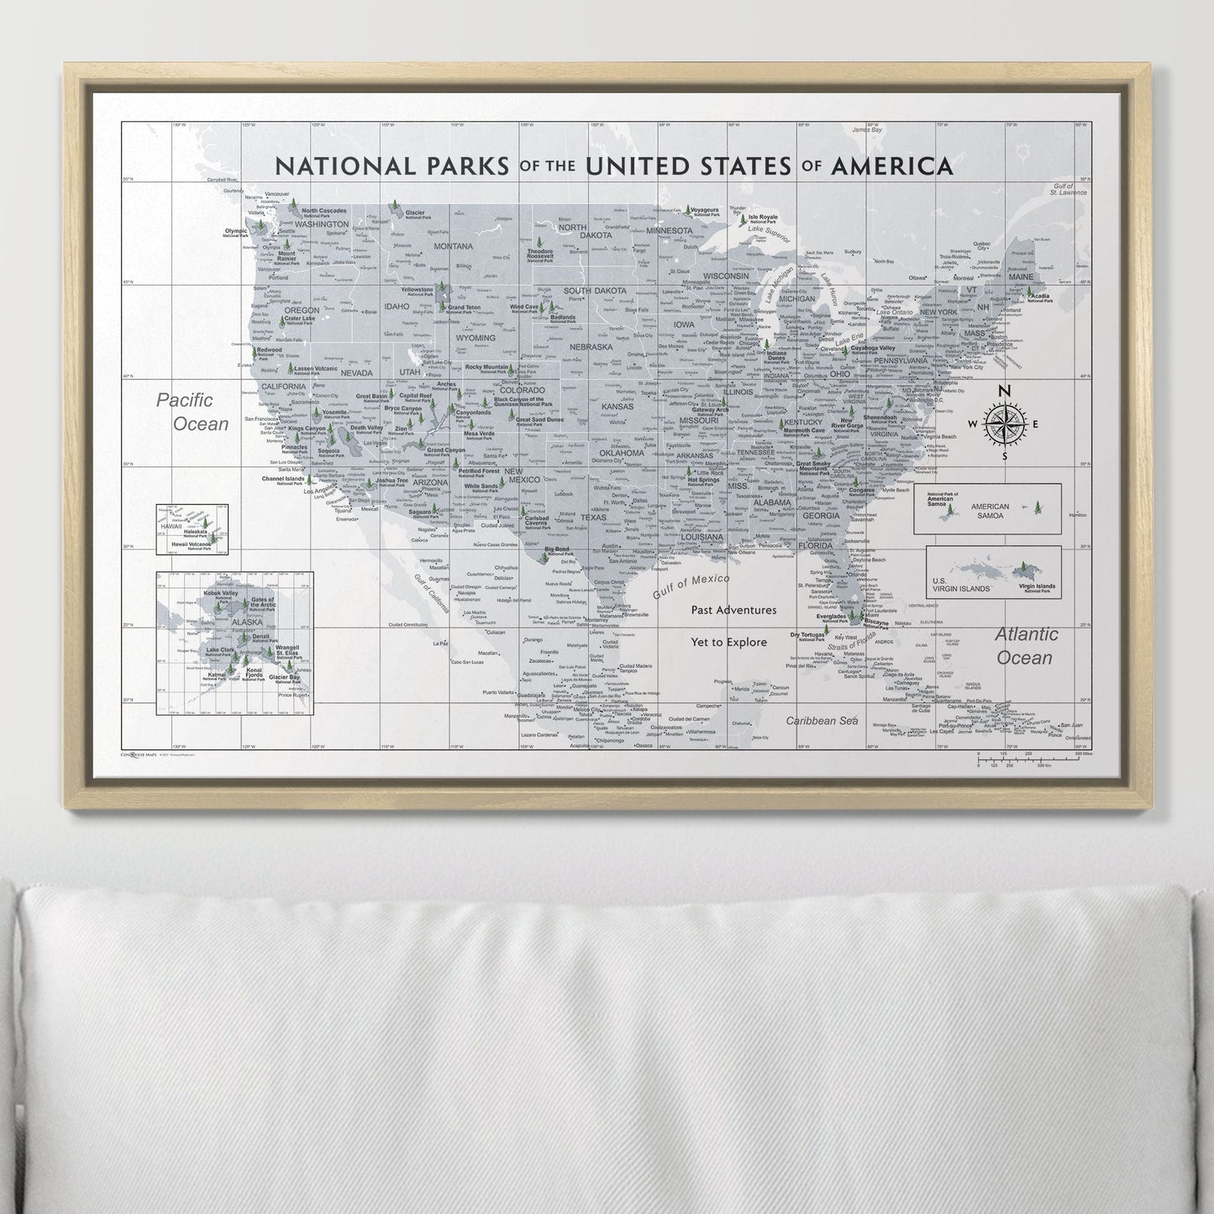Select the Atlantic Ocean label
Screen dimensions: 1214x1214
(x=1025, y=646)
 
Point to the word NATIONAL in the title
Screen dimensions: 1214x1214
(x=344, y=166)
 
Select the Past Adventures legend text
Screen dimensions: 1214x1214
(x=733, y=610)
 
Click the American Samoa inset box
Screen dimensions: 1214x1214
(x=987, y=509)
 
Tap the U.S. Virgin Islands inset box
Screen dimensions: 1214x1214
(x=993, y=572)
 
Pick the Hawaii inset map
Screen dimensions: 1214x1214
(x=192, y=529)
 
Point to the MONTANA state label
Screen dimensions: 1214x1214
(x=454, y=246)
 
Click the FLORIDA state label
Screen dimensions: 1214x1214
(x=816, y=545)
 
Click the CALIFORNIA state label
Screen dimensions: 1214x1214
(x=283, y=386)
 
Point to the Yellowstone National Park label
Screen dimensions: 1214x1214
(x=417, y=291)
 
